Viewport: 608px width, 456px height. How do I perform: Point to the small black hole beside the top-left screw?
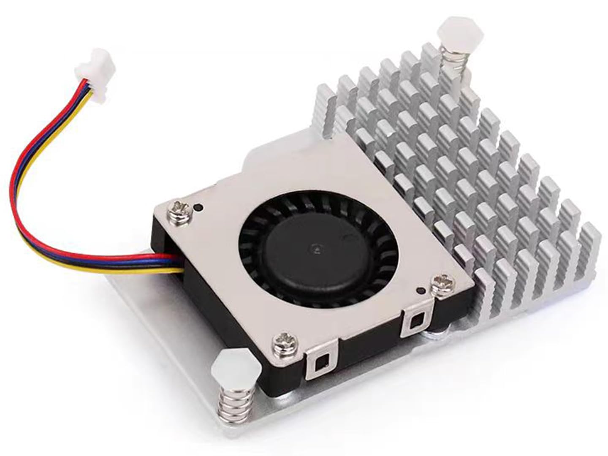tap(197, 208)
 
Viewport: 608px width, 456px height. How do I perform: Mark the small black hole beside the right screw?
tap(420, 290)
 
